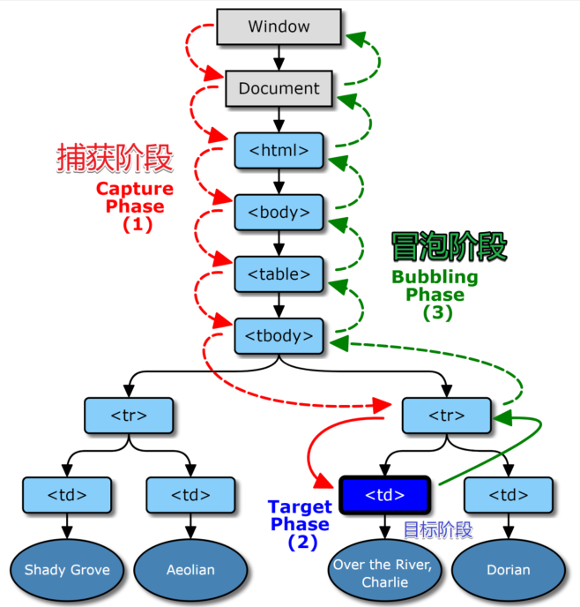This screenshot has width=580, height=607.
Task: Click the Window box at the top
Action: coord(279,26)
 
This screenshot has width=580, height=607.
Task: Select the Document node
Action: coord(279,88)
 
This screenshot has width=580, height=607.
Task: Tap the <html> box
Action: coord(279,150)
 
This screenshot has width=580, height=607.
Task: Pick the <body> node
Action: coord(279,212)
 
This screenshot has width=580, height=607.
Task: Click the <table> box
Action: coord(279,274)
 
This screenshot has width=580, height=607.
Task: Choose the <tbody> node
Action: coord(279,335)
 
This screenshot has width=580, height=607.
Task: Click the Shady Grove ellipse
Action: coord(67,569)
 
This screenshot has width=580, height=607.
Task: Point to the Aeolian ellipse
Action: coord(190,569)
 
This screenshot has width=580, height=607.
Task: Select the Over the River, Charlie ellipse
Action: coord(384,574)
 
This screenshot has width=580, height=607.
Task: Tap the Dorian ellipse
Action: coord(508,569)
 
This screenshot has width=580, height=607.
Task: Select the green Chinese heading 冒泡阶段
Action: coord(450,247)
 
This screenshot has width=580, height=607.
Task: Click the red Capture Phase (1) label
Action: coord(135,206)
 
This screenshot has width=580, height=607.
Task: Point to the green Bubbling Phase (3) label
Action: coord(435,294)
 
